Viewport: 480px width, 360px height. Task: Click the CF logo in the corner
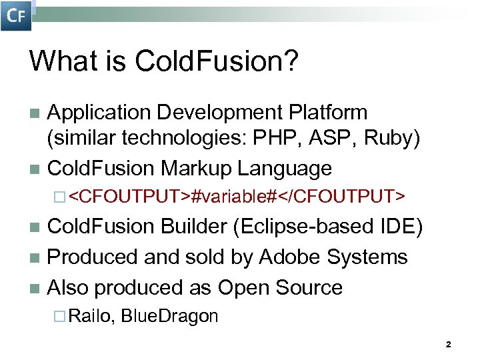[x=16, y=16]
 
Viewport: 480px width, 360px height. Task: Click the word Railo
[x=91, y=315]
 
